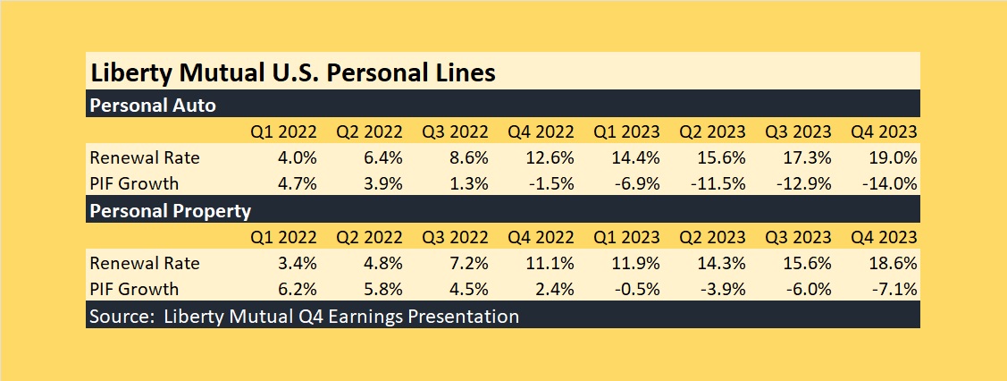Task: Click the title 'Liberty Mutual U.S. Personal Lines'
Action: coord(291,72)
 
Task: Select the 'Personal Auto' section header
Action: coord(153,105)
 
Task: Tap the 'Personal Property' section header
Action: coord(169,212)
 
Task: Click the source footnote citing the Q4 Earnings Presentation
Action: coord(303,316)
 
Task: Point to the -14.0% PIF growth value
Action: coord(891,184)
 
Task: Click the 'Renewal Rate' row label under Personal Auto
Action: coord(145,158)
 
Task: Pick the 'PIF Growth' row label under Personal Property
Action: coord(134,289)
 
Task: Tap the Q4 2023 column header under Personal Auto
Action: coord(885,131)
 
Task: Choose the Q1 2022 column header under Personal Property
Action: coord(284,237)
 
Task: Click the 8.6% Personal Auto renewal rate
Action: coord(466,158)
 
